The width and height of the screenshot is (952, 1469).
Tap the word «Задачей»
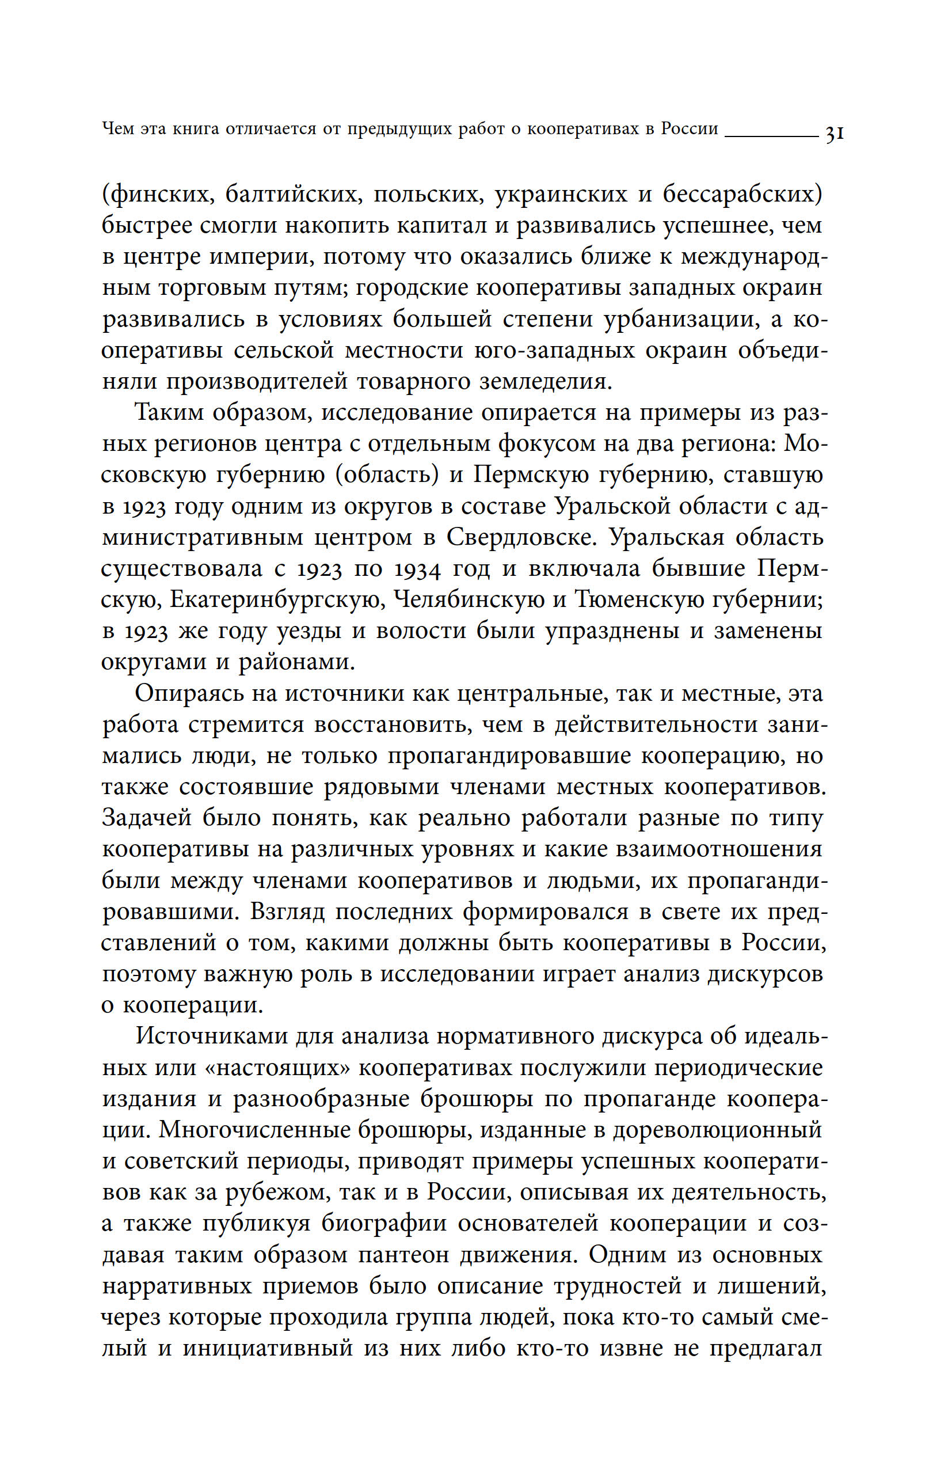coord(147,818)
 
